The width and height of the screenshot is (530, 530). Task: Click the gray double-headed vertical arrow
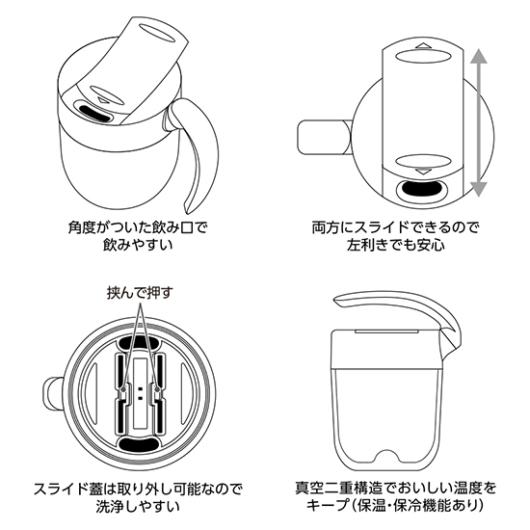[x=480, y=122]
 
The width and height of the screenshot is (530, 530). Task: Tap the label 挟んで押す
[x=138, y=292]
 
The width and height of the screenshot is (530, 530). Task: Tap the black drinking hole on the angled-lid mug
[x=94, y=113]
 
